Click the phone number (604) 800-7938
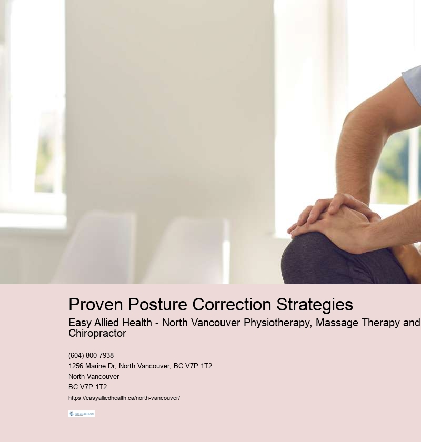(x=91, y=356)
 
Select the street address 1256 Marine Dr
(x=92, y=366)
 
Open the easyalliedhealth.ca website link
(x=124, y=398)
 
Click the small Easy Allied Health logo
(x=82, y=414)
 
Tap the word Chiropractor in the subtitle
(x=97, y=334)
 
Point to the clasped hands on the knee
(x=332, y=218)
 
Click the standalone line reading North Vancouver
(x=94, y=377)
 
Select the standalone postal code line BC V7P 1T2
(x=87, y=387)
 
